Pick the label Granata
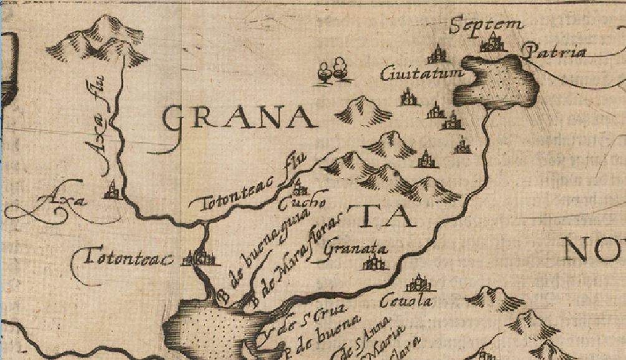[x=356, y=248]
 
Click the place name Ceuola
[x=405, y=301]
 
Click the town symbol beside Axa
[x=112, y=190]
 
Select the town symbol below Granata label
[x=373, y=264]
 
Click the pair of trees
[x=332, y=69]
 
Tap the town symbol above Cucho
[x=300, y=187]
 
